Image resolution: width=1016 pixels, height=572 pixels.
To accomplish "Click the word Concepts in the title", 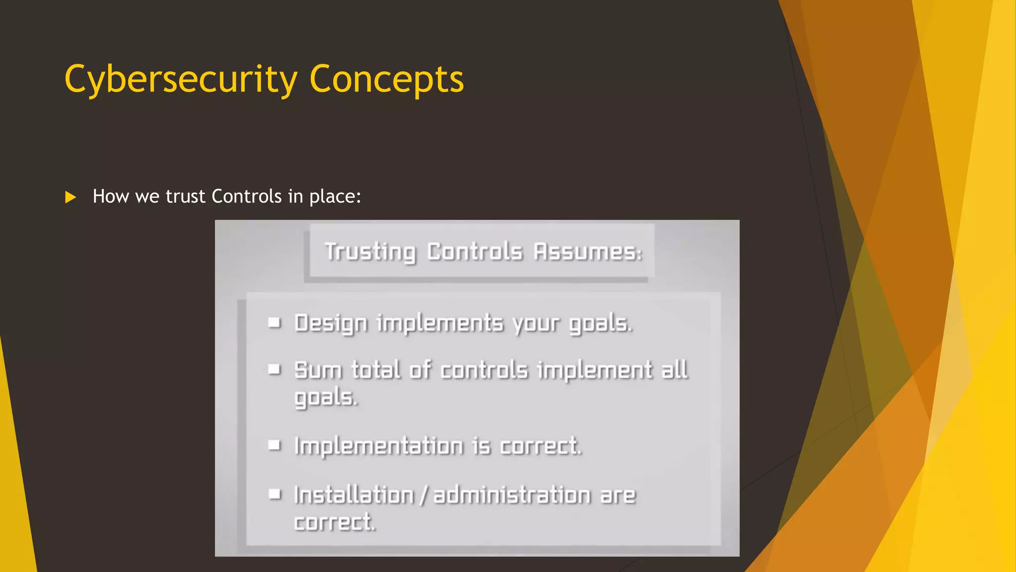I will [x=386, y=79].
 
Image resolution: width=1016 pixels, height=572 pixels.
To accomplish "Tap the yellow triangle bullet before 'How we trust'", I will [x=70, y=198].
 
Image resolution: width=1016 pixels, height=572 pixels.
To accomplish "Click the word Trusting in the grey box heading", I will [x=370, y=252].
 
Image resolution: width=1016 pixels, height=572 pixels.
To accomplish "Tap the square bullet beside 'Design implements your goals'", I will [x=274, y=323].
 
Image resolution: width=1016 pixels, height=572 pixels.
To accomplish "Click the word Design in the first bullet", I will [x=331, y=324].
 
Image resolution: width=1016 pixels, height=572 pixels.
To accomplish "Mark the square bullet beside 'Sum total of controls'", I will [x=274, y=369].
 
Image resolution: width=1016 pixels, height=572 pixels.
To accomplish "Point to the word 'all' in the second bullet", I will [x=675, y=369].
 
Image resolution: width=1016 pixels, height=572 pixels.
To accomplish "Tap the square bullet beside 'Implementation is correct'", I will [x=274, y=445].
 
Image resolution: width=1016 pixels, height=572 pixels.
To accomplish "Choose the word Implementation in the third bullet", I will [x=379, y=446].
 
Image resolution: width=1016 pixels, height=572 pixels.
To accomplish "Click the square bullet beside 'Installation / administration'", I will [x=274, y=494].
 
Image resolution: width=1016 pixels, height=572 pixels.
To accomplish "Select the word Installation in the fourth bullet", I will [x=354, y=495].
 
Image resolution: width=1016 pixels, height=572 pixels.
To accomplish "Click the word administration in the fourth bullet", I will [x=512, y=495].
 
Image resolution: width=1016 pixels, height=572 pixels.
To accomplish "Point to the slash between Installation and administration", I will [x=424, y=495].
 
